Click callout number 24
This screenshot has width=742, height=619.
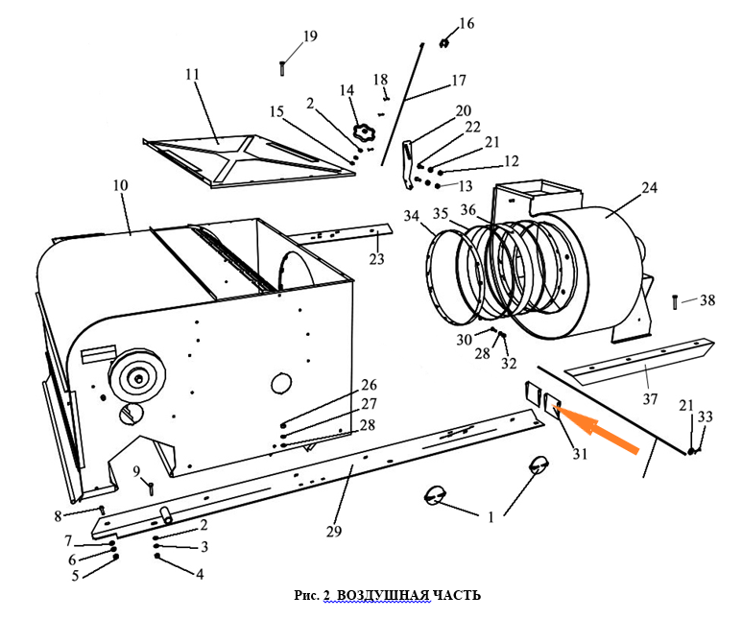point(650,188)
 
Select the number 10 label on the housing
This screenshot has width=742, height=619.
point(120,185)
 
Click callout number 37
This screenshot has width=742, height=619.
point(650,397)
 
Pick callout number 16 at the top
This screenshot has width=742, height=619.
point(467,23)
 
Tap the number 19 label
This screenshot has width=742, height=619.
point(309,36)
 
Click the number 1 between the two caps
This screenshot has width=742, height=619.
point(491,516)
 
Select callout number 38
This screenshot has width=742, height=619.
point(707,300)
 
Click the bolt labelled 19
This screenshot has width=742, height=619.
point(282,68)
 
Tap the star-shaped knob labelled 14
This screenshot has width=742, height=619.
point(364,131)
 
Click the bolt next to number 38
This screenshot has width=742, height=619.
point(676,300)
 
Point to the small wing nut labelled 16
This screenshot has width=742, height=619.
point(446,42)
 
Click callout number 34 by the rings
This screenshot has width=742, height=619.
point(412,218)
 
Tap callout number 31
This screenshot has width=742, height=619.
point(579,454)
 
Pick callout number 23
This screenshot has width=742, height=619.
point(376,259)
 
